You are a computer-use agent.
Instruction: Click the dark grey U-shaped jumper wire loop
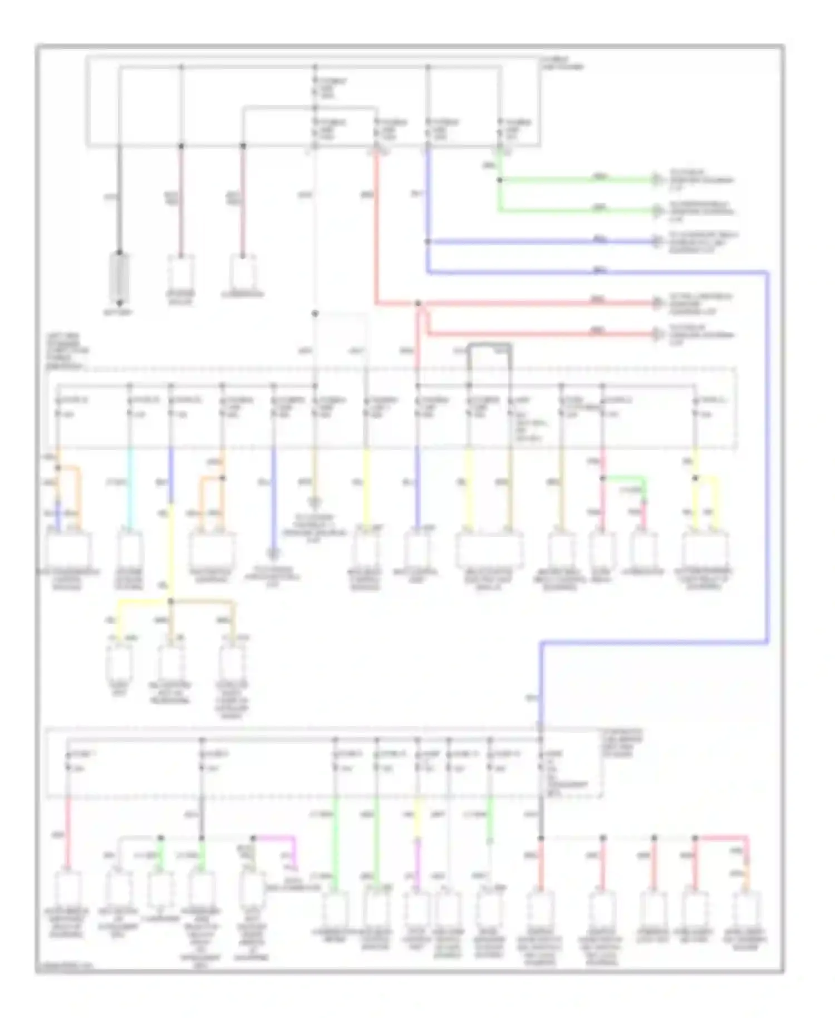489,346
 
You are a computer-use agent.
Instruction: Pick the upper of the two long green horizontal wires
573,180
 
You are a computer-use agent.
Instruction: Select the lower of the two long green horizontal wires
573,211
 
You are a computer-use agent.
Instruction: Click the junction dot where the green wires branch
499,180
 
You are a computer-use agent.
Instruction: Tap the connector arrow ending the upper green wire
657,180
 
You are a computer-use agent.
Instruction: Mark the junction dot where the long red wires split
418,304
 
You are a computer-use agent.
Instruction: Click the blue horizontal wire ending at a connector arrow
540,242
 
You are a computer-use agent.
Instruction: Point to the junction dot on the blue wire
428,242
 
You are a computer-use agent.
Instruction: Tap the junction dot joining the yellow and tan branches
171,601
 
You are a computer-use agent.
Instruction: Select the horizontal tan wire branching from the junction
203,601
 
